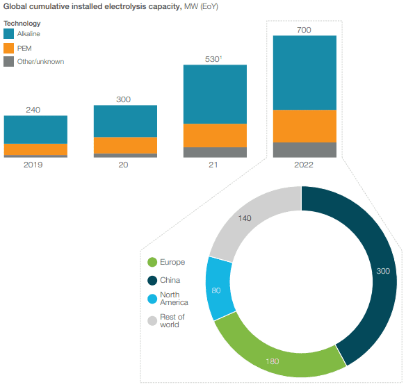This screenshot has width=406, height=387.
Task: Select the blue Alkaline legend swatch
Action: pos(9,33)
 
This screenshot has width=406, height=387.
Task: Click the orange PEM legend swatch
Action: pos(9,48)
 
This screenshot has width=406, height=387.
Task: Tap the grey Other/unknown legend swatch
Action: pos(9,62)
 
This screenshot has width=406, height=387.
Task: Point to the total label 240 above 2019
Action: pos(35,110)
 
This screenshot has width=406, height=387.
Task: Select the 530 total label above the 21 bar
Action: pos(214,58)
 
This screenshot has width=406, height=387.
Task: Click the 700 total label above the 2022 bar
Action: pos(304,30)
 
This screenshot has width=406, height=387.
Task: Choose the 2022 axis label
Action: pos(304,165)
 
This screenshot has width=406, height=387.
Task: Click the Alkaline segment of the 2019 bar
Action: pos(35,130)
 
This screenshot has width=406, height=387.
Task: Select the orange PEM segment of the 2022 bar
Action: pos(304,126)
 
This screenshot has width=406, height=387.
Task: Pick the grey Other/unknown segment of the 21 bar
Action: pos(215,152)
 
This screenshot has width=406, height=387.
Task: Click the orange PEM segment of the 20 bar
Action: pos(125,145)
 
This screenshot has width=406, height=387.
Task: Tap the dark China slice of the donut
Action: pos(362,271)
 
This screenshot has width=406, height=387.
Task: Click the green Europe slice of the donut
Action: pos(275,351)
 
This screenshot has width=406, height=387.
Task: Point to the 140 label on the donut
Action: pos(245,218)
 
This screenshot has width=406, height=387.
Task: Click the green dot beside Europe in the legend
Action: pos(152,262)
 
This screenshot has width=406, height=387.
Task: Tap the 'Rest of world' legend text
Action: pos(172,320)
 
